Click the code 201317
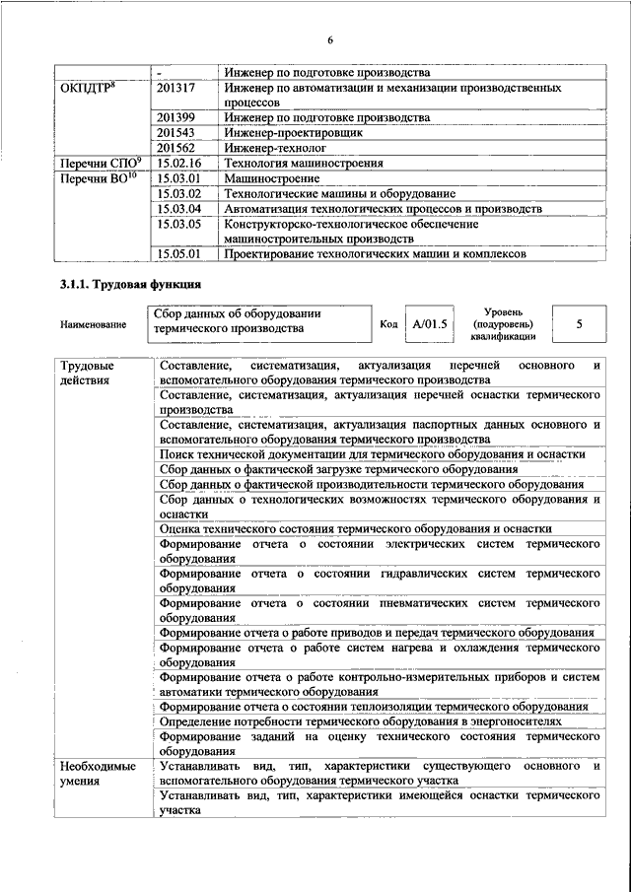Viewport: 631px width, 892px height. [178, 88]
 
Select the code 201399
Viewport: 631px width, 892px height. [178, 117]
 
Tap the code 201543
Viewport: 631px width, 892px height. [178, 132]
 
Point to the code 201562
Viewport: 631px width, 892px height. [178, 147]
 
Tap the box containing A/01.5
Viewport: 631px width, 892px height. [431, 323]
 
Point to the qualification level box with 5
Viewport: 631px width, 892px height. [579, 323]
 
